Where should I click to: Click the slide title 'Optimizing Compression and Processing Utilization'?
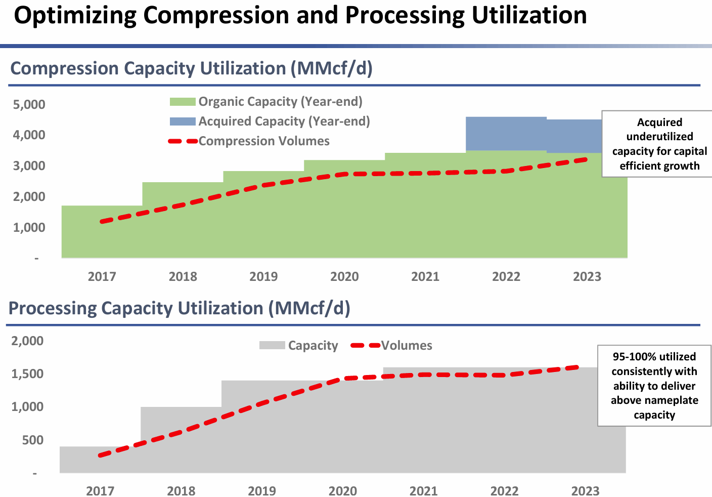pyautogui.click(x=300, y=15)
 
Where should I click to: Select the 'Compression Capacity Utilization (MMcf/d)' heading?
pyautogui.click(x=191, y=68)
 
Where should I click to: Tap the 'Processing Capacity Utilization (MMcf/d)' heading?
pyautogui.click(x=180, y=308)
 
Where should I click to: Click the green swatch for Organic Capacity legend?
pyautogui.click(x=182, y=102)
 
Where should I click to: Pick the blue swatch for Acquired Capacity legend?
pyautogui.click(x=182, y=121)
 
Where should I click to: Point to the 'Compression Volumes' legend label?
pyautogui.click(x=264, y=141)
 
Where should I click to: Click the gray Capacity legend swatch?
pyautogui.click(x=272, y=346)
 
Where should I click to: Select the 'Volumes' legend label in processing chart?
pyautogui.click(x=407, y=346)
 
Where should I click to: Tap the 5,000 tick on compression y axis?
pyautogui.click(x=29, y=105)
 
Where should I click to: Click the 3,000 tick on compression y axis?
pyautogui.click(x=29, y=166)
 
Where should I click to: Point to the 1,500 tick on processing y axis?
pyautogui.click(x=27, y=374)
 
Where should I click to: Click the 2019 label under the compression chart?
pyautogui.click(x=263, y=277)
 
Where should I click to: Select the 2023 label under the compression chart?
pyautogui.click(x=587, y=277)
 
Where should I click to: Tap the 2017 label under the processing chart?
pyautogui.click(x=100, y=491)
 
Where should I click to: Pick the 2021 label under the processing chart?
pyautogui.click(x=424, y=491)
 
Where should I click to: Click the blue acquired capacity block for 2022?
pyautogui.click(x=506, y=134)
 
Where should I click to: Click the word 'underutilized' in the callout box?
pyautogui.click(x=659, y=137)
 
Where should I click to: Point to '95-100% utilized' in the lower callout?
pyautogui.click(x=654, y=357)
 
